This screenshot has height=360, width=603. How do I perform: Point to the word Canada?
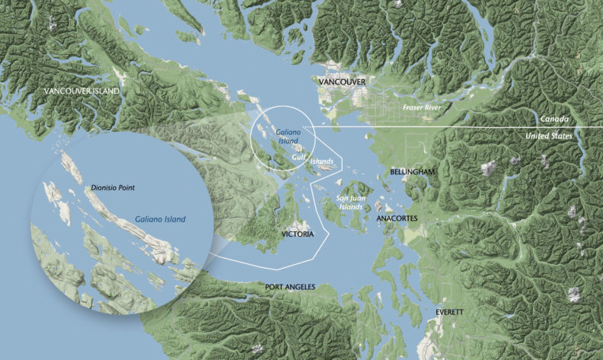click(x=552, y=119)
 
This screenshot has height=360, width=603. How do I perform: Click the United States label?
click(x=550, y=135)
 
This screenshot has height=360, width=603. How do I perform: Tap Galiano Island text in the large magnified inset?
click(x=160, y=218)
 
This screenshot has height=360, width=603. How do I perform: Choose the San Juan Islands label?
click(x=350, y=202)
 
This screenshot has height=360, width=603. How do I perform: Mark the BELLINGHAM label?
click(x=412, y=173)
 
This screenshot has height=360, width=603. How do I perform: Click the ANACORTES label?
click(x=397, y=218)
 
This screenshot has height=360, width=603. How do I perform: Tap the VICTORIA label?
click(x=296, y=234)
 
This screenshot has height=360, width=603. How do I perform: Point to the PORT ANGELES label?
click(x=290, y=287)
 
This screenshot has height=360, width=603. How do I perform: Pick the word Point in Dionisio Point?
click(x=132, y=185)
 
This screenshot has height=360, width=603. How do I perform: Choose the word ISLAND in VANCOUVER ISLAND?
click(x=105, y=91)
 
